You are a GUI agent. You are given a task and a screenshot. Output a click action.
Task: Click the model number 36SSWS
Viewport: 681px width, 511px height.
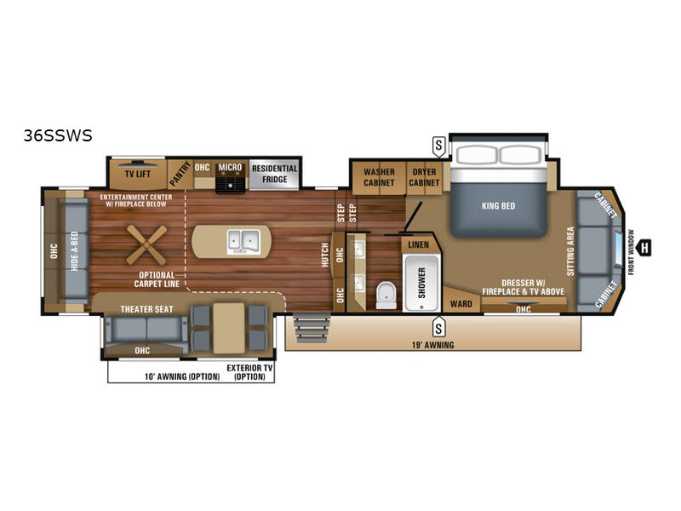[x=58, y=135]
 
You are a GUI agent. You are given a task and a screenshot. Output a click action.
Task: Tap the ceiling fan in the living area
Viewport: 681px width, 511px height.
[x=146, y=245]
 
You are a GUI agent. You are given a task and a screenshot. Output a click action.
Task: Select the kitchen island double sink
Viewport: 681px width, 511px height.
[x=243, y=242]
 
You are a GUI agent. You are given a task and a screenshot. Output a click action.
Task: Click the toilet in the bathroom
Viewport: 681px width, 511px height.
[x=386, y=295]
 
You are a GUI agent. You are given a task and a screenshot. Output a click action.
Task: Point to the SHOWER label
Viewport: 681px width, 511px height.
[x=421, y=283]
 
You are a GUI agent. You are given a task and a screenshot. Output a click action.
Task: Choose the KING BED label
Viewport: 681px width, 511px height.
[x=498, y=206]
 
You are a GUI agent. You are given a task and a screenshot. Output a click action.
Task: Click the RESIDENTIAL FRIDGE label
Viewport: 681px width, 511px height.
[x=274, y=174]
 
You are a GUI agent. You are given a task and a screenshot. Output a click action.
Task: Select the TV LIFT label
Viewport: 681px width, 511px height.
[x=138, y=175]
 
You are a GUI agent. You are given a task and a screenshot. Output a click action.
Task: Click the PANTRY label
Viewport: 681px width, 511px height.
[x=180, y=174]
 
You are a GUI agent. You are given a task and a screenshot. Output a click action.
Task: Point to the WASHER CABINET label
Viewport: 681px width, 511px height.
[x=379, y=177]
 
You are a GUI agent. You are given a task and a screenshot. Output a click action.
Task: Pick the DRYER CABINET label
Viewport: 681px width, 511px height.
[x=424, y=177]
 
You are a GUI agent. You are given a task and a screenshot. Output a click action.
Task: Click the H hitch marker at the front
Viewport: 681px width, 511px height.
[x=644, y=248]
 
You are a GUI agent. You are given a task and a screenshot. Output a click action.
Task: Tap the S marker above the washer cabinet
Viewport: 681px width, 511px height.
[x=438, y=146]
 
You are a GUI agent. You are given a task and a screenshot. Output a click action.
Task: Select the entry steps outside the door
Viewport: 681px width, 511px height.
[x=312, y=328]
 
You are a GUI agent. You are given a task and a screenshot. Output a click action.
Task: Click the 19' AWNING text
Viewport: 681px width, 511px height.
[x=432, y=345]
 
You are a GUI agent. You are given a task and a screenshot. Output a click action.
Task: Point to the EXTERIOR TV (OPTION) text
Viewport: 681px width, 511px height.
[x=249, y=372]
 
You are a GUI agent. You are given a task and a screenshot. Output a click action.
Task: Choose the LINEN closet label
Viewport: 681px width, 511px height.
[x=418, y=245]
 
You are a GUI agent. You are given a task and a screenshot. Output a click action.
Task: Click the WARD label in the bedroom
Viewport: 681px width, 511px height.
[x=461, y=304]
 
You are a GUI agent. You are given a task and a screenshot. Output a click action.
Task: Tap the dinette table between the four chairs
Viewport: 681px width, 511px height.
[x=229, y=328]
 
